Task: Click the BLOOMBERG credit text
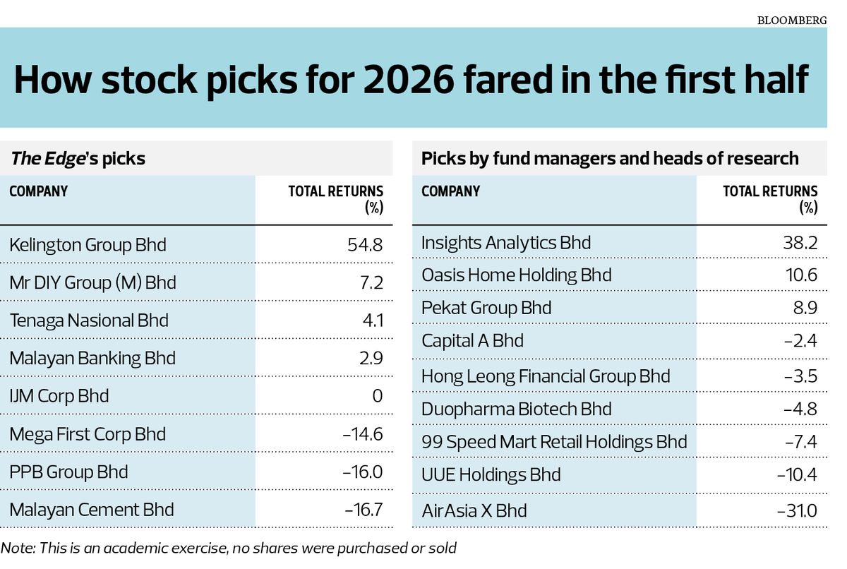click(792, 20)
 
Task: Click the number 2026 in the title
click(409, 80)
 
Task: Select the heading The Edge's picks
click(78, 158)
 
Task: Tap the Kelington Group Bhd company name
click(88, 244)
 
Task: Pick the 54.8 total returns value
click(365, 244)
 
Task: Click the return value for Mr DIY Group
click(371, 282)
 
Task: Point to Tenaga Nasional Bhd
click(89, 321)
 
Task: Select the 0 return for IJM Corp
click(378, 396)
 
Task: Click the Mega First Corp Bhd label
click(88, 434)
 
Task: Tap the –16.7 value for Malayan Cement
click(364, 510)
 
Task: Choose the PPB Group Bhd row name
click(68, 472)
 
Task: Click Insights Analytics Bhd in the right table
click(506, 243)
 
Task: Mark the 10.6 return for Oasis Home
click(801, 275)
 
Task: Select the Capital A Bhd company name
click(472, 341)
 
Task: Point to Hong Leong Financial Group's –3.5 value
click(800, 376)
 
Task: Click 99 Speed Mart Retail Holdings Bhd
click(554, 442)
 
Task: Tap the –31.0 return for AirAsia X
click(797, 511)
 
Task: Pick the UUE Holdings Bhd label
click(491, 475)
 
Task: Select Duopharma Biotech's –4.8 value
click(800, 409)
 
